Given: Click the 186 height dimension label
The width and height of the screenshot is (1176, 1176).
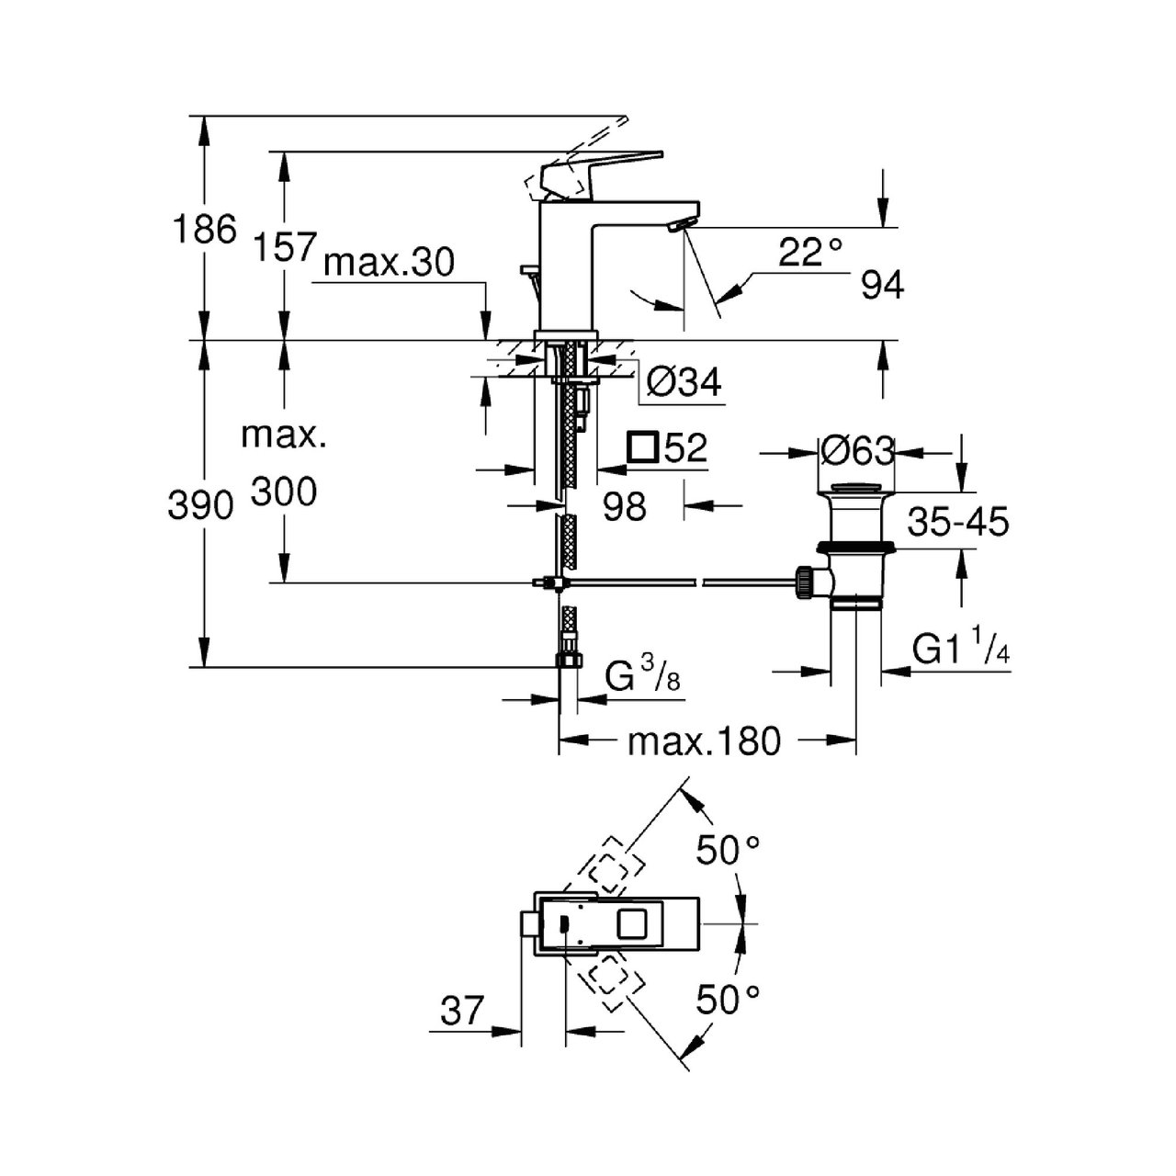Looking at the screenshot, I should tap(205, 229).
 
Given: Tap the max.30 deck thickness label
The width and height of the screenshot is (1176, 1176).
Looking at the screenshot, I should tap(390, 264).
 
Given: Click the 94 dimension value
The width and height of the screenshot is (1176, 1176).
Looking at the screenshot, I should tap(883, 286).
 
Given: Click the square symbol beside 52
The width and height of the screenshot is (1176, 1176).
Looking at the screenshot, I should tap(642, 447).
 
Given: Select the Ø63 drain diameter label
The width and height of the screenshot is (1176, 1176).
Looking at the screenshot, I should tap(857, 451).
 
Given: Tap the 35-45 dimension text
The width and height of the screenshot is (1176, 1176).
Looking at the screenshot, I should tap(958, 522).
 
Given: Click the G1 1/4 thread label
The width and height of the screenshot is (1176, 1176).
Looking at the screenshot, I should tap(961, 651).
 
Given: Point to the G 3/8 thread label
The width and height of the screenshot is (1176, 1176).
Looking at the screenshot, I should tap(642, 678).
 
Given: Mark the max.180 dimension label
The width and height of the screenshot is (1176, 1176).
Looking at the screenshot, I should tap(704, 741).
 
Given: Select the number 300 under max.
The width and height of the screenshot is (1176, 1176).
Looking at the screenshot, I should tap(284, 492).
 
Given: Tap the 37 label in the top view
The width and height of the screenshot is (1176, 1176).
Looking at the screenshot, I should tap(462, 1012).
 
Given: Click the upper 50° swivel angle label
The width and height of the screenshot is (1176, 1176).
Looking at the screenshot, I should tap(729, 851).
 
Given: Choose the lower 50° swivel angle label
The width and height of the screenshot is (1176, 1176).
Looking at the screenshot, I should tap(729, 999).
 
